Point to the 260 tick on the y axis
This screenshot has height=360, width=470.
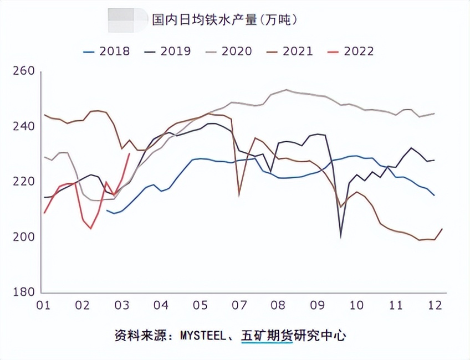pos(23,71)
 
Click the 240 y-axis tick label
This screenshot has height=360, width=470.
pos(23,127)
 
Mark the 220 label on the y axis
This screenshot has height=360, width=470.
pos(23,182)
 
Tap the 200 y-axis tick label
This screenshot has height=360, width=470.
pos(23,237)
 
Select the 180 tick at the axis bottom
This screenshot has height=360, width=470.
pos(23,292)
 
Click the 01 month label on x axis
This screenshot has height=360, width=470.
pos(43,306)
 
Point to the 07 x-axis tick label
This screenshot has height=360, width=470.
pos(239,306)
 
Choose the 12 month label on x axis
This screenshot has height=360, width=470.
pos(435,306)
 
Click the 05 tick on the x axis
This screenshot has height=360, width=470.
pos(200,306)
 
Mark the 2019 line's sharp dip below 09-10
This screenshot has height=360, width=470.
pos(341,236)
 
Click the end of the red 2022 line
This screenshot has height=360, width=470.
pos(129,154)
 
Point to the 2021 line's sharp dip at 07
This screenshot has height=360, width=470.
pos(239,194)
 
